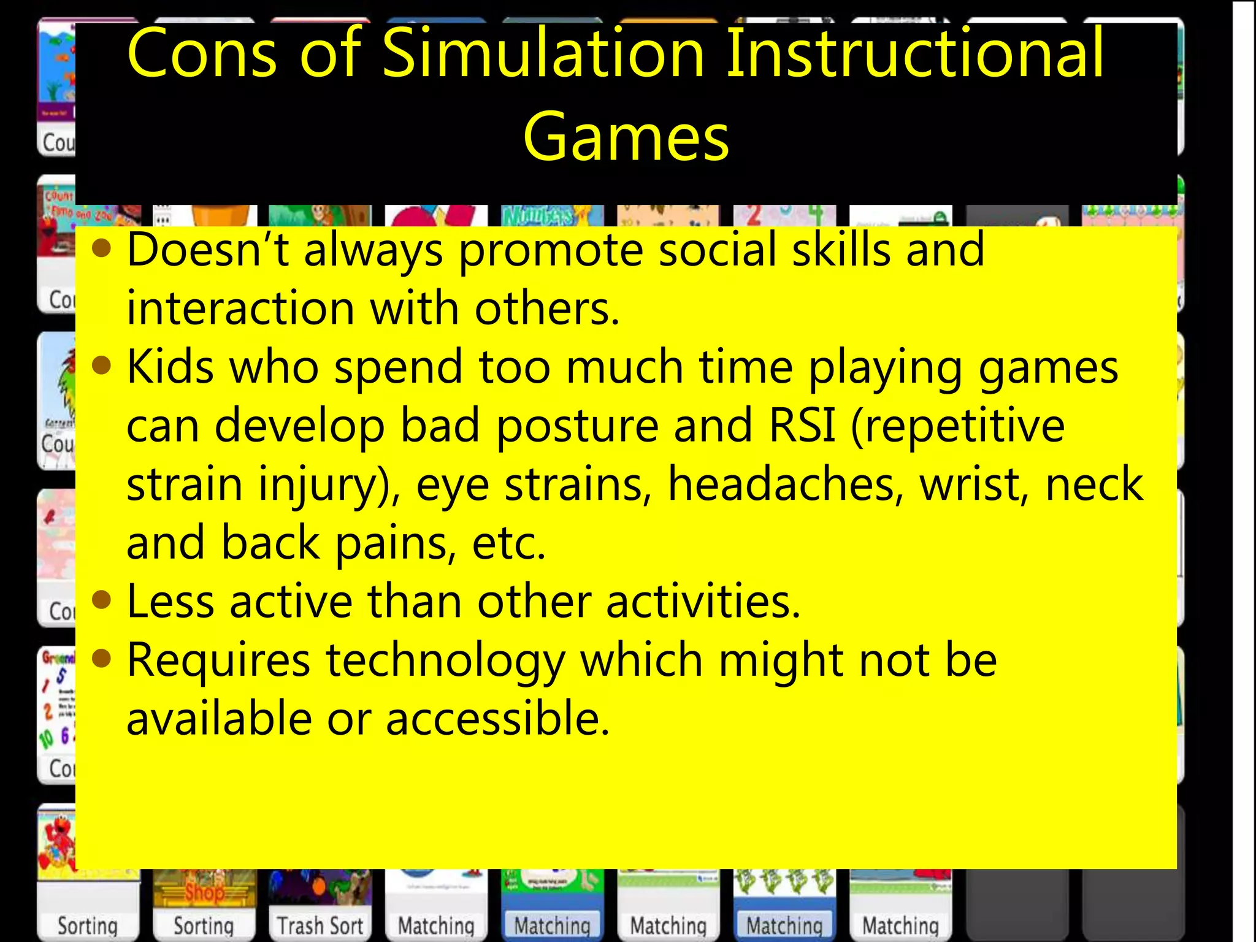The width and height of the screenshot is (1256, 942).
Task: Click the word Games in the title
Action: tap(626, 137)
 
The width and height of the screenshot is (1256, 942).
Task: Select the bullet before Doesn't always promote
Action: tap(102, 249)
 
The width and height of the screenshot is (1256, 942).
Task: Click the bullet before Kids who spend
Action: tap(102, 366)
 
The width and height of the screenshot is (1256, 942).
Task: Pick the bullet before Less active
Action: tap(102, 600)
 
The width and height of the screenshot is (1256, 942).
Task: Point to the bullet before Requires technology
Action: tap(102, 659)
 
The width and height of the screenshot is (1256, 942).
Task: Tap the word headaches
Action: tap(786, 484)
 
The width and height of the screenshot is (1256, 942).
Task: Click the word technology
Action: tap(445, 662)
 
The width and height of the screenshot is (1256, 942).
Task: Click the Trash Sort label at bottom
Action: tap(320, 925)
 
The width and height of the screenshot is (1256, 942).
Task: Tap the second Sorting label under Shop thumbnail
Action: tap(204, 925)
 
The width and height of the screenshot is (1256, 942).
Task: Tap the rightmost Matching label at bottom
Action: tap(900, 925)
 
